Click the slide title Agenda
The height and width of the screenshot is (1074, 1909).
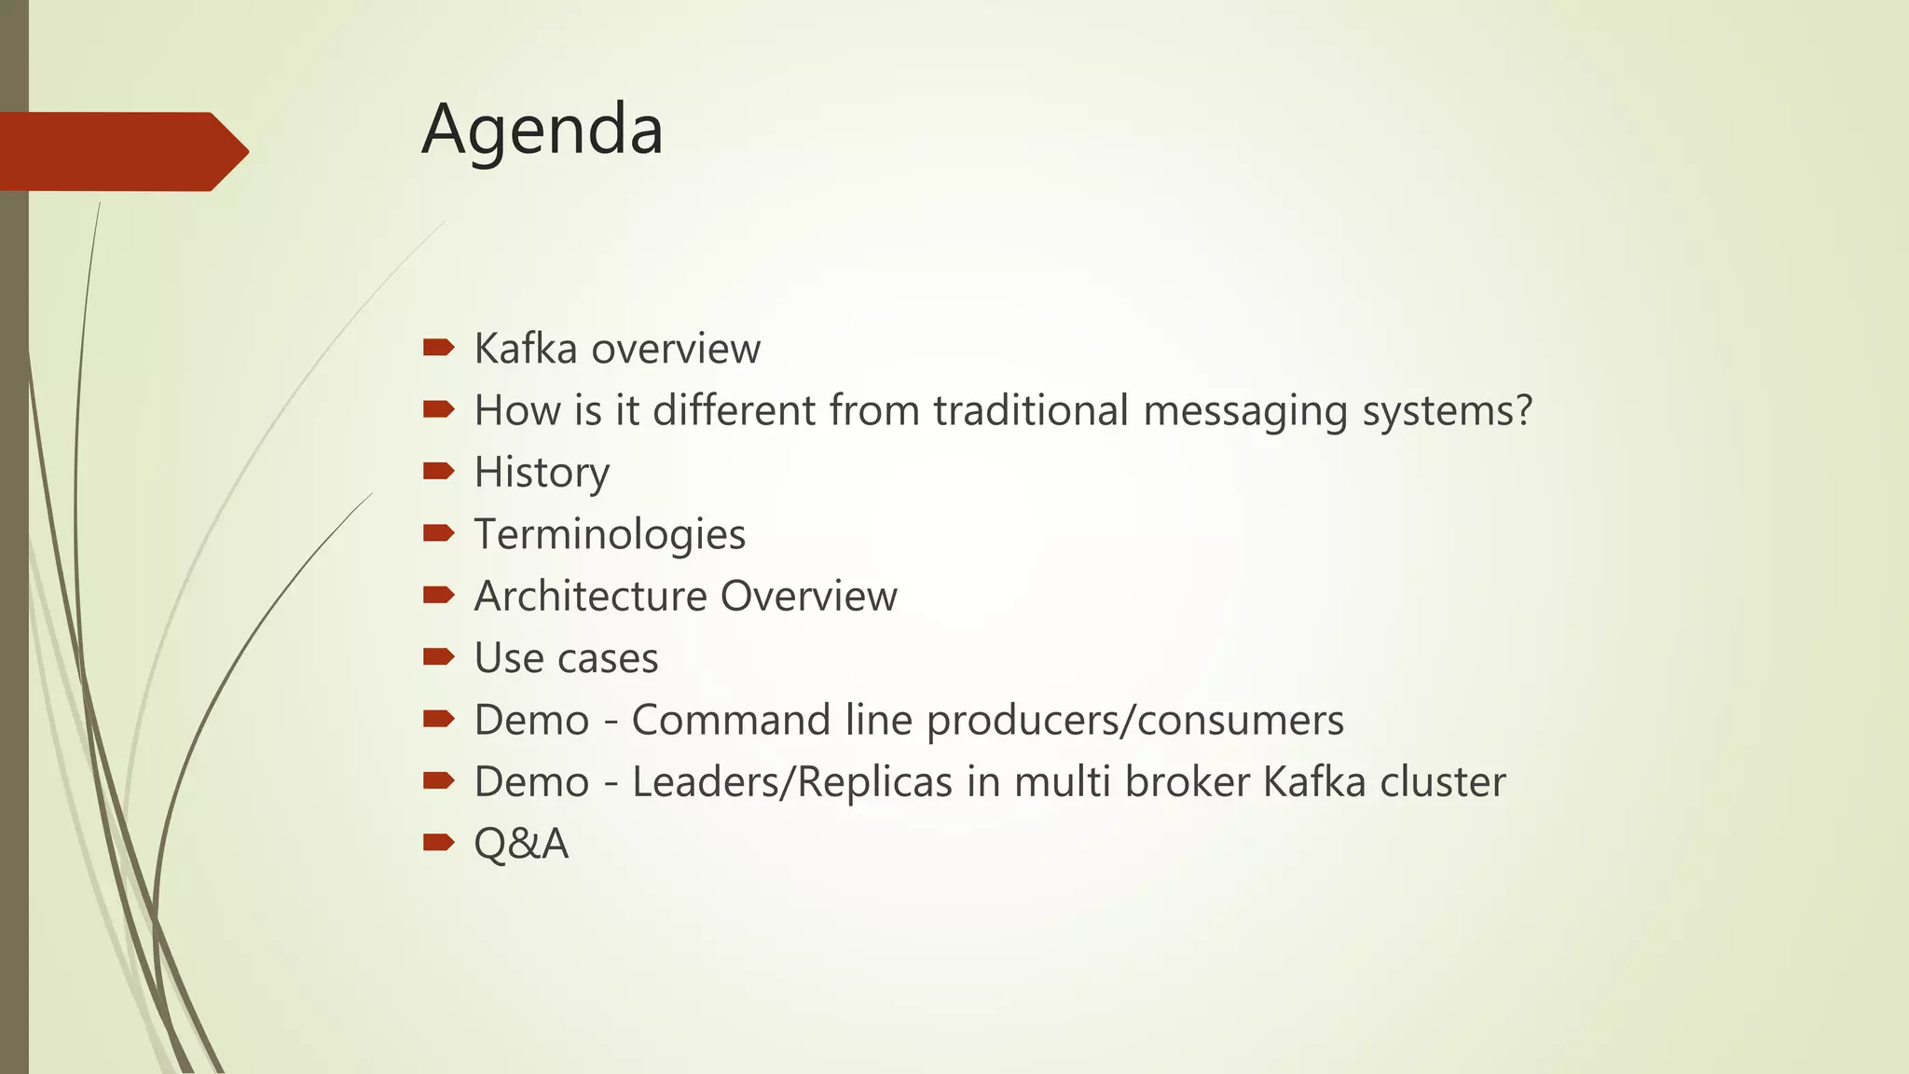[x=542, y=131]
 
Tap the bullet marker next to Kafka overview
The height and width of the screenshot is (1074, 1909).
[x=438, y=349]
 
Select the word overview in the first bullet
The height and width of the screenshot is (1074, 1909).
[x=676, y=349]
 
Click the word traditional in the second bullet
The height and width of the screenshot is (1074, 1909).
[x=1031, y=410]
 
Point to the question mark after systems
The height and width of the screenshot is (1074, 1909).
[x=1523, y=410]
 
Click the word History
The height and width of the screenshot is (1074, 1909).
[x=542, y=473]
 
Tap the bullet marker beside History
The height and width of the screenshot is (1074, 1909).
[x=438, y=472]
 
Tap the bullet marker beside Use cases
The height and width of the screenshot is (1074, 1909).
[x=438, y=657]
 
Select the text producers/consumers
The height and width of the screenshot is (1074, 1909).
[x=1134, y=720]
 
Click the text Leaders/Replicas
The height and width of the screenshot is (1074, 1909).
[x=792, y=781]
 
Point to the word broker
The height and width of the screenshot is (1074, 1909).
[x=1187, y=781]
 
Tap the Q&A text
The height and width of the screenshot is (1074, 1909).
[x=521, y=844]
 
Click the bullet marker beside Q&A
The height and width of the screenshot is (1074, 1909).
[x=438, y=843]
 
